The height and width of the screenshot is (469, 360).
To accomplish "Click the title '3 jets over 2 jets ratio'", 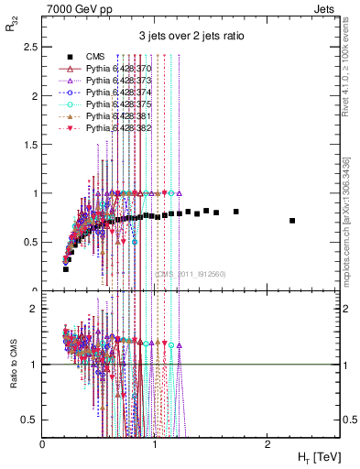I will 191,36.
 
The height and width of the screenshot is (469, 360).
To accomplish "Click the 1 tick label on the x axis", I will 155,443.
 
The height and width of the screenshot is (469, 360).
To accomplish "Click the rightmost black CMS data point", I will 292,221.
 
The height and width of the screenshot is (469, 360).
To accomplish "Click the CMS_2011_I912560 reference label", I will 191,273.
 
